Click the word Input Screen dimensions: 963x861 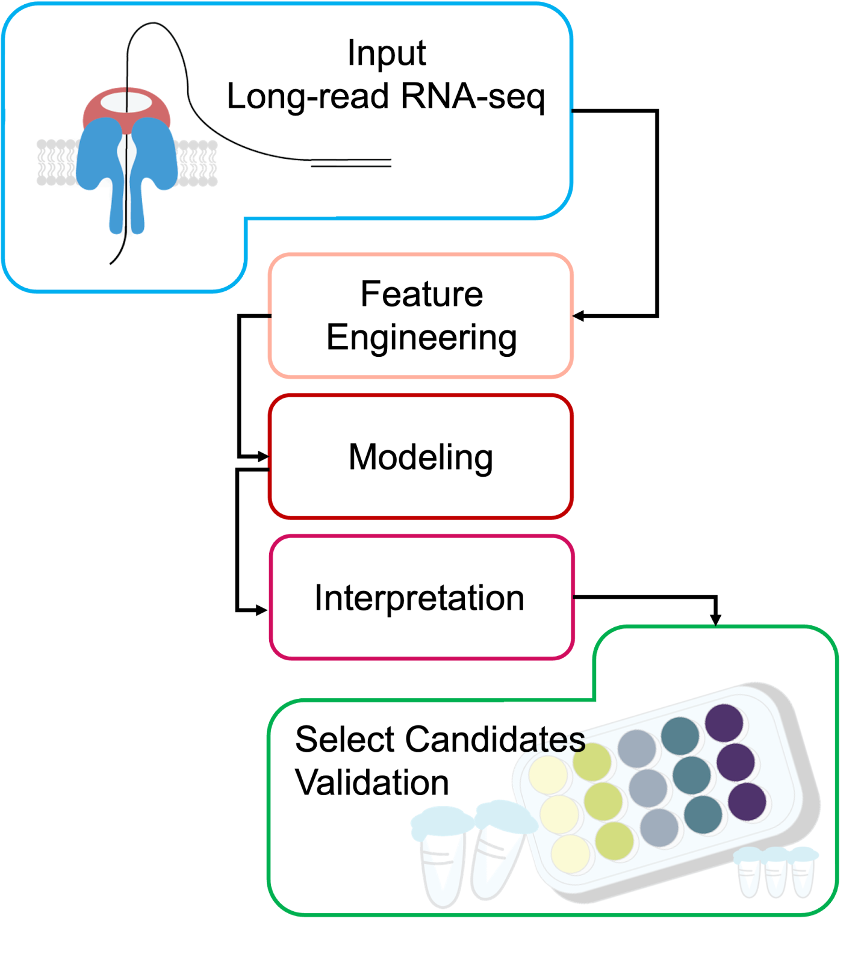[x=387, y=53]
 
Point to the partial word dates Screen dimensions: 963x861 [x=544, y=739]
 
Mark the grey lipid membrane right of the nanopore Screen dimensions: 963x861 [x=197, y=163]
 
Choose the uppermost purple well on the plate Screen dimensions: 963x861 [x=724, y=722]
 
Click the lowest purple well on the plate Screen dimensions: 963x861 [x=747, y=802]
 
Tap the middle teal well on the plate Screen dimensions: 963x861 [x=691, y=775]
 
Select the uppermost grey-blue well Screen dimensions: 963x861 [x=636, y=748]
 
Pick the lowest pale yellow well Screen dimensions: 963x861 [x=570, y=853]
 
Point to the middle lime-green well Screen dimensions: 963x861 [x=603, y=800]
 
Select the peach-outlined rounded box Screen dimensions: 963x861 [x=420, y=316]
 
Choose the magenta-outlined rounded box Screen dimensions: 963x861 [x=421, y=596]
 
